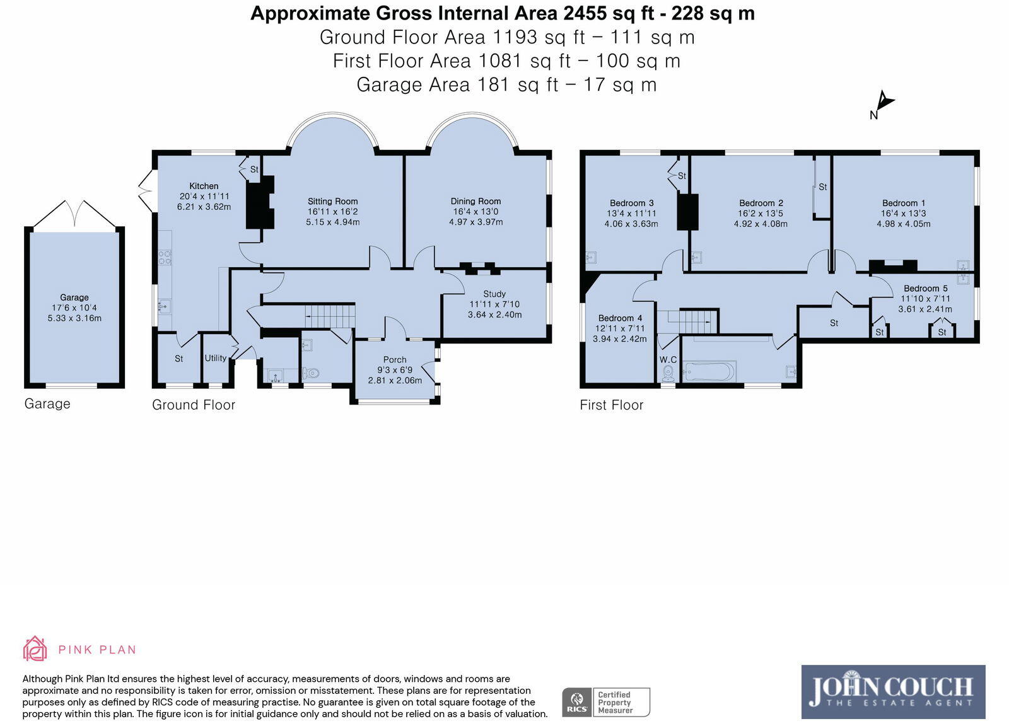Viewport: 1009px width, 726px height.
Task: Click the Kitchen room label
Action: [x=204, y=186]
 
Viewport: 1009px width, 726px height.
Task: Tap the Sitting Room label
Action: [x=332, y=201]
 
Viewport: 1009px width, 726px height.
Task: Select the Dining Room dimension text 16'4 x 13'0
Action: [x=475, y=212]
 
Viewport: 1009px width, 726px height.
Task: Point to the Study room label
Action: [x=494, y=294]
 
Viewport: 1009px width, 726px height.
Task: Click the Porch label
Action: [x=395, y=360]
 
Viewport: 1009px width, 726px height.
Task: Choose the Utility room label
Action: [x=215, y=359]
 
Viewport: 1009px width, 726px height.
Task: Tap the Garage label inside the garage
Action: [x=74, y=297]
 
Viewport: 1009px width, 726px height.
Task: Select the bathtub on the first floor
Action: [x=709, y=372]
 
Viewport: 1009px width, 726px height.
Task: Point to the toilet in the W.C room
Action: [x=668, y=372]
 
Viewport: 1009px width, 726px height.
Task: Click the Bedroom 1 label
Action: [x=903, y=203]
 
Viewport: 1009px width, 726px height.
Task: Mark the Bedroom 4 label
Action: [x=620, y=318]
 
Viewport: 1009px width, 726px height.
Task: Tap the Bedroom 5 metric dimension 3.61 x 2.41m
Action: [x=924, y=309]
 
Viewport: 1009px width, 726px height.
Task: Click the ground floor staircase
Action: [x=330, y=316]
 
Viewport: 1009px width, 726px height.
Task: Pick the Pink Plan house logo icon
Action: [x=35, y=648]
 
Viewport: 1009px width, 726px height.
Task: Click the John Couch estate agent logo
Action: [x=893, y=692]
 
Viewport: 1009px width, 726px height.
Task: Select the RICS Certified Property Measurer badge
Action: [x=606, y=702]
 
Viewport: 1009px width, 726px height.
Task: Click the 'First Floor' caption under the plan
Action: [x=611, y=405]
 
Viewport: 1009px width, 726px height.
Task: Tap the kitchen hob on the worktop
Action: [x=165, y=257]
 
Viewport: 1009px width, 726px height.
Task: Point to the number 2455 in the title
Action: [x=584, y=13]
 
